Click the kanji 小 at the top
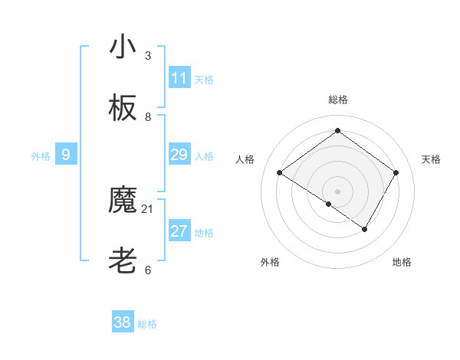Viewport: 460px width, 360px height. click(x=123, y=47)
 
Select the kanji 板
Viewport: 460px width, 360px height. click(x=123, y=109)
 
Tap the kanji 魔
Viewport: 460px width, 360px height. click(x=123, y=201)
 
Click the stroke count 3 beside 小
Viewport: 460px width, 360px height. click(x=148, y=56)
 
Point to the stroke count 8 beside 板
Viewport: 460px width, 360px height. click(x=148, y=117)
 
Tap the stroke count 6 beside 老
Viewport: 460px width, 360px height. click(x=148, y=270)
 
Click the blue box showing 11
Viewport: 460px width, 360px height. click(x=179, y=78)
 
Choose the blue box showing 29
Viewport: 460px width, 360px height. click(x=179, y=155)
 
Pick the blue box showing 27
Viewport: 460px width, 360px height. click(x=179, y=232)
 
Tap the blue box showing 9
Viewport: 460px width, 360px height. click(x=66, y=155)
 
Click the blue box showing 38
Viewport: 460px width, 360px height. click(x=123, y=323)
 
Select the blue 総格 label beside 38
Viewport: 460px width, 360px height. click(x=147, y=324)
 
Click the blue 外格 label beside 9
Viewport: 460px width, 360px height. click(x=41, y=156)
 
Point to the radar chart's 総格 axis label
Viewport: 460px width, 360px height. click(x=337, y=100)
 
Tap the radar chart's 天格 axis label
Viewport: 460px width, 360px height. click(x=432, y=159)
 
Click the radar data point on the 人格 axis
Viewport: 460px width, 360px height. click(x=279, y=173)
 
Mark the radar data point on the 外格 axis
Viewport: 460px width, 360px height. click(x=328, y=204)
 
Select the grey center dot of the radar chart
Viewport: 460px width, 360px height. click(x=337, y=191)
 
